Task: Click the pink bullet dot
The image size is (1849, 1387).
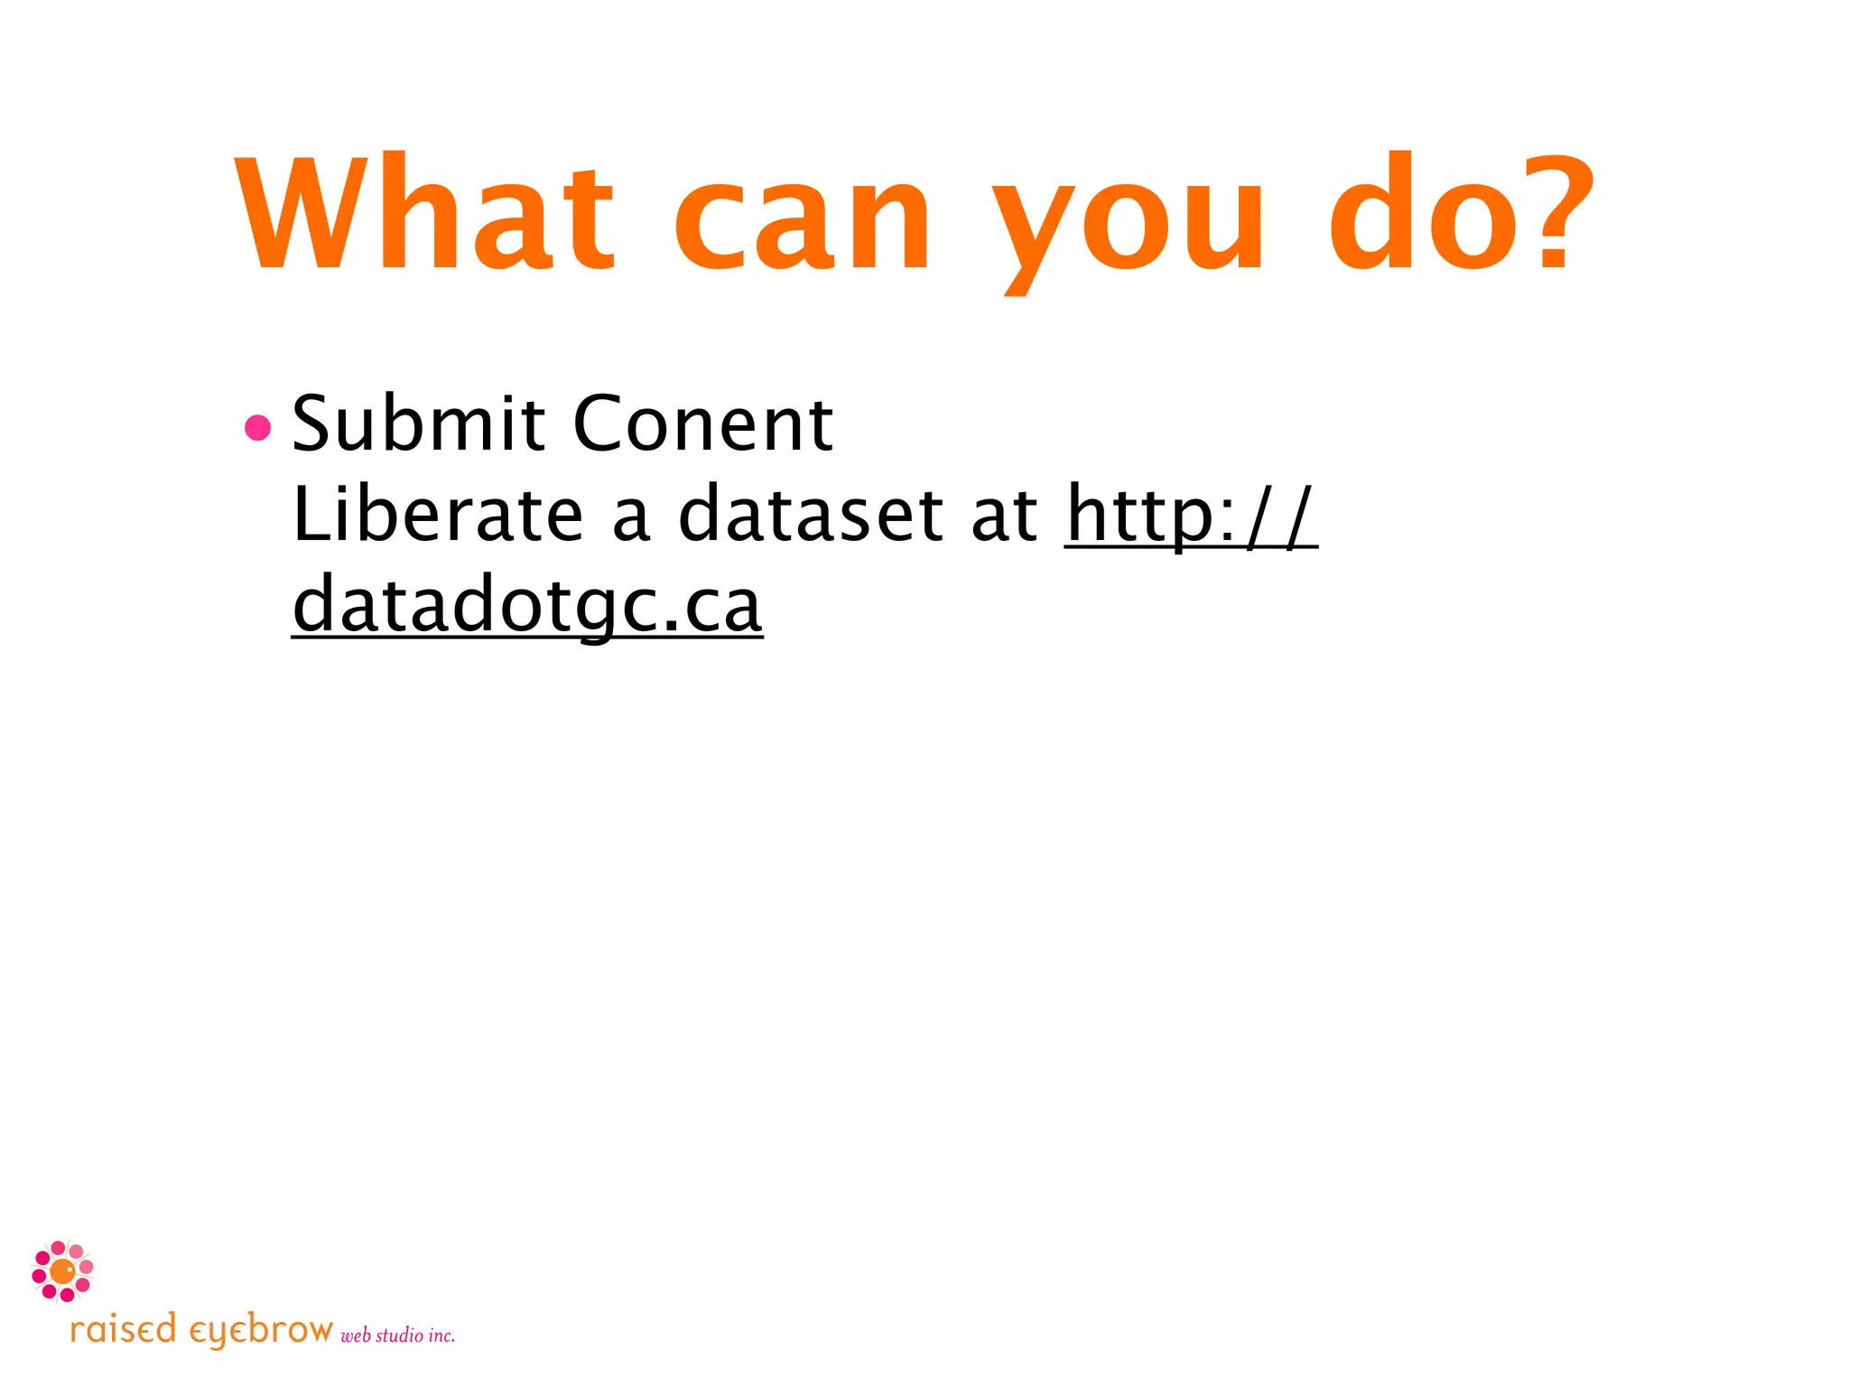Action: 258,427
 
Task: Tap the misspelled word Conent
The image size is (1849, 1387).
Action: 702,424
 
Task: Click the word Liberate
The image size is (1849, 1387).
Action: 438,514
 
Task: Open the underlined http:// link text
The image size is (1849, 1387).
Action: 1191,516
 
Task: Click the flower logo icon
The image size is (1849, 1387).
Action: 62,1271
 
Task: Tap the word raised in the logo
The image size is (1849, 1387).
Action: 123,1330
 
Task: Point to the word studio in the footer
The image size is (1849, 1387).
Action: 399,1336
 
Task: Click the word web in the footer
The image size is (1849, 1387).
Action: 356,1336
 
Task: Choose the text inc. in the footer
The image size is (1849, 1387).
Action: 441,1336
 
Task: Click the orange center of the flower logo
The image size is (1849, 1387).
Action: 62,1271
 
